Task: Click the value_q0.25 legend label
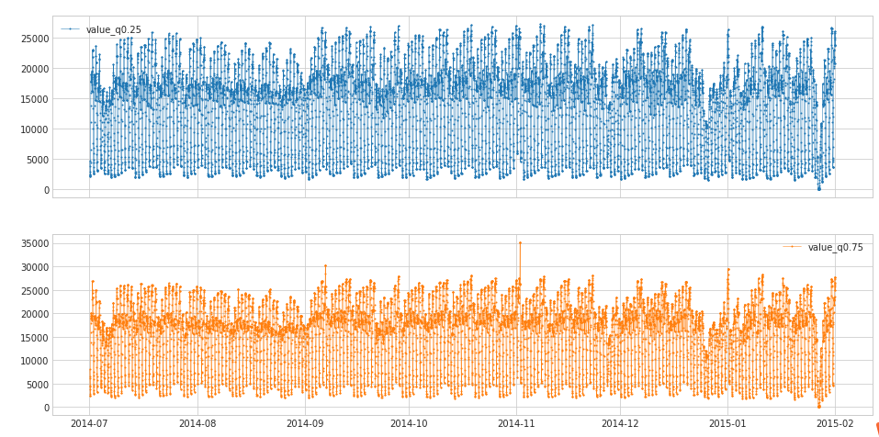click(114, 29)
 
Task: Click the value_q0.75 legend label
click(835, 247)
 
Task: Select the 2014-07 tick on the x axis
click(89, 423)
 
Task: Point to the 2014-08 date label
click(197, 423)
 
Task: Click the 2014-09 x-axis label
click(305, 423)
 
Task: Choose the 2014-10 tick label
click(409, 423)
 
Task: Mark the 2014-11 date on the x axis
click(516, 423)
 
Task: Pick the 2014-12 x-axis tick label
click(620, 423)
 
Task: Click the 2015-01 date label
click(728, 423)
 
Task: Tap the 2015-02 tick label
click(835, 423)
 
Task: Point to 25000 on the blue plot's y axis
click(30, 39)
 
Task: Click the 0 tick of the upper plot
click(45, 190)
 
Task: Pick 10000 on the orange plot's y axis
click(30, 361)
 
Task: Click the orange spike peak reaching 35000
click(520, 242)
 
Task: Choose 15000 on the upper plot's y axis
click(30, 99)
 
